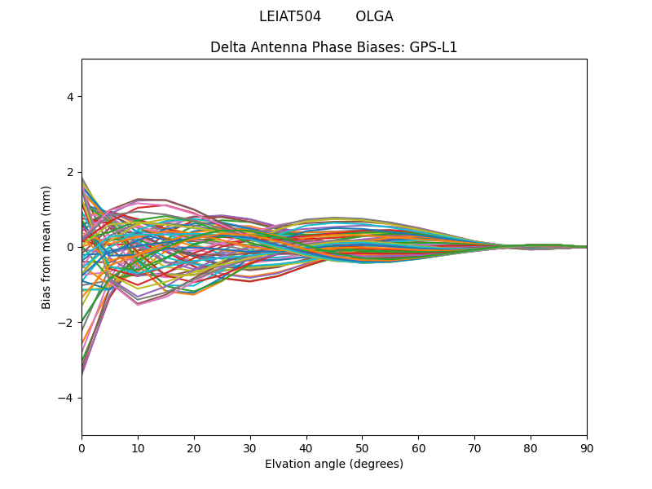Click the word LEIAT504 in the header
point(289,16)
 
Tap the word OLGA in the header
point(374,16)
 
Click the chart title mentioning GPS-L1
point(334,47)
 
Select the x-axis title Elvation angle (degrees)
point(334,464)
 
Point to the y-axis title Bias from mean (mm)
point(46,247)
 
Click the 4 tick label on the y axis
point(71,97)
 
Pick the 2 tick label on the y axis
point(71,172)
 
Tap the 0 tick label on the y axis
point(71,247)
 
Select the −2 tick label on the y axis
point(68,323)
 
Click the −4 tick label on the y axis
point(68,398)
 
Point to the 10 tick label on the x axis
point(138,448)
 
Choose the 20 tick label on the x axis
point(194,448)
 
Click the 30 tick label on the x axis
point(250,448)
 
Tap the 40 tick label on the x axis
point(306,448)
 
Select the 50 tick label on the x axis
point(362,448)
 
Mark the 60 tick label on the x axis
point(418,448)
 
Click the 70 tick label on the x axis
point(474,448)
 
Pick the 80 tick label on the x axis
point(531,448)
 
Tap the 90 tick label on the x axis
point(587,448)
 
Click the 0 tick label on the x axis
point(81,448)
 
